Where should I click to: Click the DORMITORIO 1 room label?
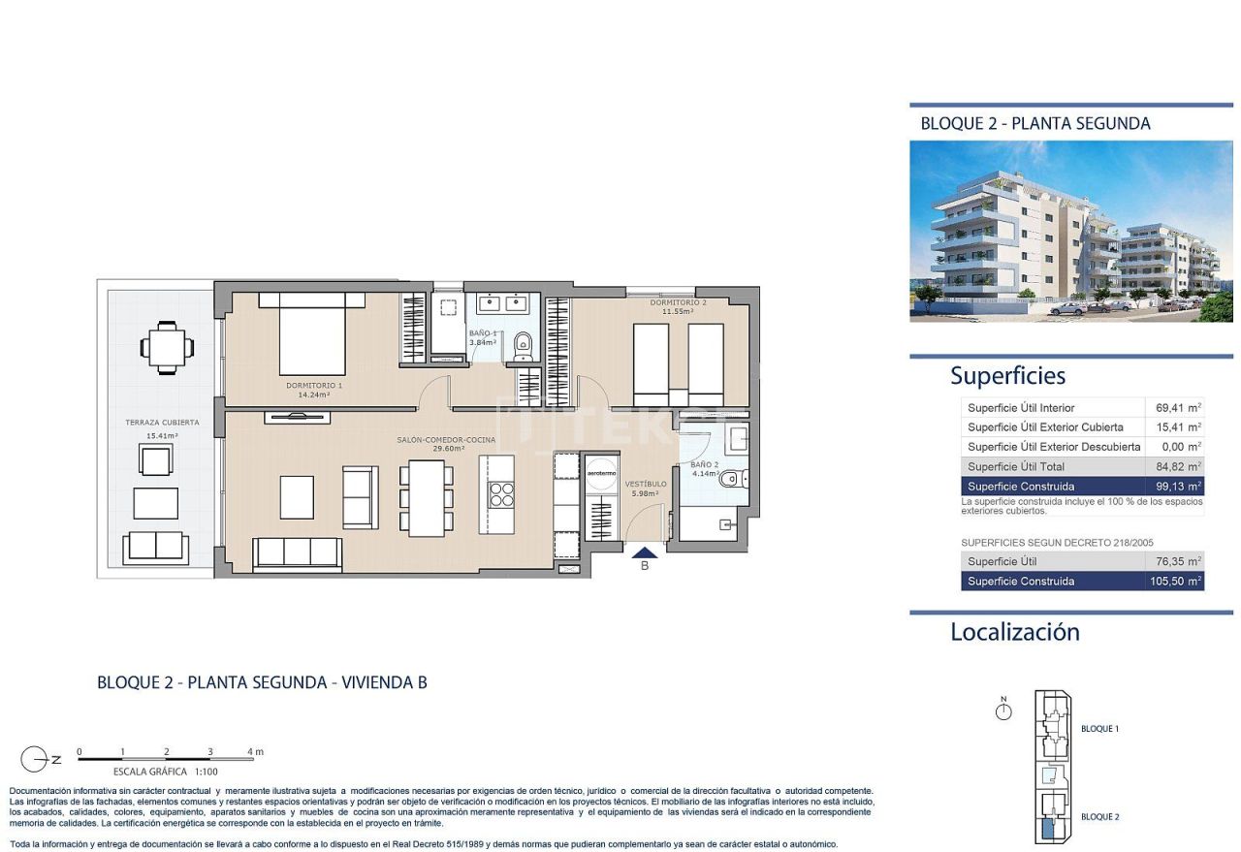tap(314, 386)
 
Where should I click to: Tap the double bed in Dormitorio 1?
tap(313, 335)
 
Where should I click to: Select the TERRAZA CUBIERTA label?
tap(162, 423)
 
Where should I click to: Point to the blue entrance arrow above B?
tap(645, 552)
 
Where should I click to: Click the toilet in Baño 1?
tap(523, 342)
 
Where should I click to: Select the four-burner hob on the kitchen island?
tap(501, 494)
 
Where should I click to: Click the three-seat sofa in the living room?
tap(297, 552)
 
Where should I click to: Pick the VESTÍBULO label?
tap(645, 484)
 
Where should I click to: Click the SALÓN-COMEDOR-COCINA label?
tap(446, 440)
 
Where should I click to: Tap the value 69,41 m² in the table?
tap(1179, 408)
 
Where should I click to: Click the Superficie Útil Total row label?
tap(1016, 466)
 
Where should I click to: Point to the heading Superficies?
tap(1007, 376)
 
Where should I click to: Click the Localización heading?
tap(1014, 632)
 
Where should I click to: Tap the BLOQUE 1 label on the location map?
tap(1099, 729)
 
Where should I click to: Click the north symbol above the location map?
tap(1003, 711)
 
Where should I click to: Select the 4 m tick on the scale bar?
tap(251, 752)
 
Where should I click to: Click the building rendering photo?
tap(1070, 231)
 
